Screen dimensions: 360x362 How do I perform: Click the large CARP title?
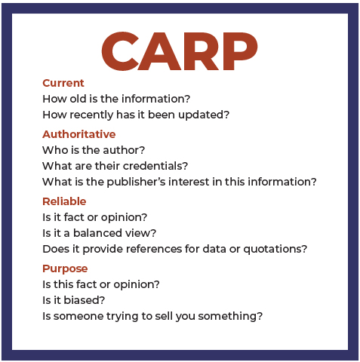(180, 51)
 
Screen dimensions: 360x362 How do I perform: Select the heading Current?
(63, 83)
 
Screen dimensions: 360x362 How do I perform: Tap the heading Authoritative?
(79, 134)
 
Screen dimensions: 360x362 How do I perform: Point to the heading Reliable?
(64, 201)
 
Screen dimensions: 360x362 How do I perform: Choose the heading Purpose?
(65, 269)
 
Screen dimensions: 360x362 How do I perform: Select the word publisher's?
(136, 182)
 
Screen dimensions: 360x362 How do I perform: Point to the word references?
(154, 249)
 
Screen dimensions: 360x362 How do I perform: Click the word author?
(121, 150)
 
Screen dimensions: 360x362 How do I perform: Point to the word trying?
(122, 317)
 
